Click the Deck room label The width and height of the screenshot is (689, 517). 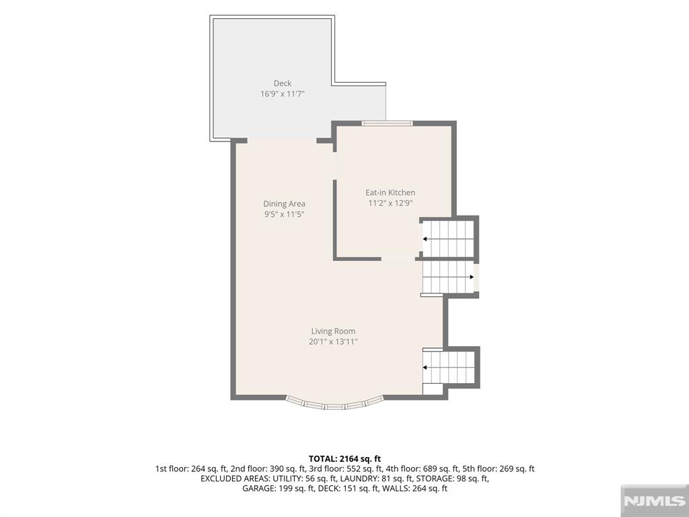coord(283,83)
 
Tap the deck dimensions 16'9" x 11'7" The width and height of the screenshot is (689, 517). coord(283,94)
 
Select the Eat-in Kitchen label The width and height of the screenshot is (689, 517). coord(390,193)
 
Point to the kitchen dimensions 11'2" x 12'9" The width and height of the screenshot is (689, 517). coord(390,203)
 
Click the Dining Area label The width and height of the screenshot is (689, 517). coord(285,203)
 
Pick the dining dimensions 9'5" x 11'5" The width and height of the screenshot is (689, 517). coord(285,215)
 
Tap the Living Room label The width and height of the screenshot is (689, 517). coord(334,331)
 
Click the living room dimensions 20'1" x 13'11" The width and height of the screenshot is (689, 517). coord(334,341)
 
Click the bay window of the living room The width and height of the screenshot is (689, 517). coord(335,405)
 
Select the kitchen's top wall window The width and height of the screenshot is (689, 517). coord(387,124)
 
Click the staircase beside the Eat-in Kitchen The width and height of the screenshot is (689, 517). coord(447,239)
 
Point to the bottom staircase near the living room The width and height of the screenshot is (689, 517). coord(449,368)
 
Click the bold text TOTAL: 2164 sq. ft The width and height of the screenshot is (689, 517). coord(344,459)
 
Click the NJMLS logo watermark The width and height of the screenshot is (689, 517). coord(654,501)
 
